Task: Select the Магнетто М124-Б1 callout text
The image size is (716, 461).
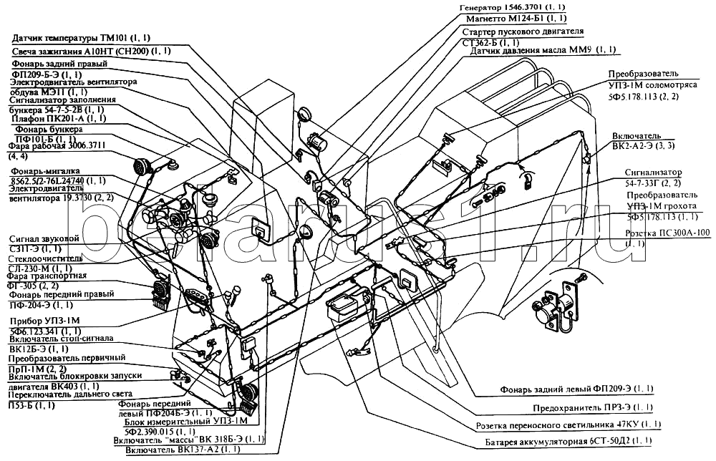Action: pyautogui.click(x=516, y=18)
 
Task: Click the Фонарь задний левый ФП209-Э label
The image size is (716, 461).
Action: pyautogui.click(x=576, y=389)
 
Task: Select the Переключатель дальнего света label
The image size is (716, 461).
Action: pyautogui.click(x=68, y=395)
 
